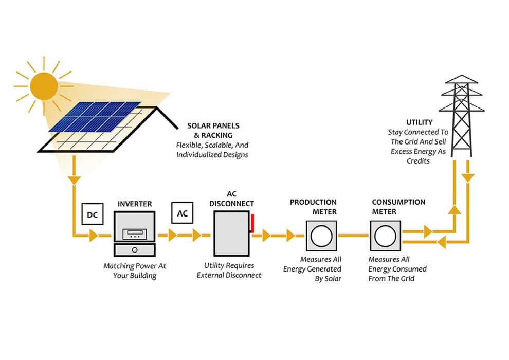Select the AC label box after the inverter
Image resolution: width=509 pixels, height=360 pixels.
183,213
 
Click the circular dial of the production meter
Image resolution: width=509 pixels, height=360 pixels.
321,236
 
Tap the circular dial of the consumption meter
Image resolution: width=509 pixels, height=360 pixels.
385,236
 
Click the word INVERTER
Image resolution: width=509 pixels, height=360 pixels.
135,204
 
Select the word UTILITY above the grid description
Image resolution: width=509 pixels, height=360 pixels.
416,123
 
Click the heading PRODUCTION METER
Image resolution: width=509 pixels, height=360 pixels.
313,207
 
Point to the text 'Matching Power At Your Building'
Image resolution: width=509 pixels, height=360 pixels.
135,271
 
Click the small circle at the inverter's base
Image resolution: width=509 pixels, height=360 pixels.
135,250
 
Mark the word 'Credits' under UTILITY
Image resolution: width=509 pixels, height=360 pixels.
416,161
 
